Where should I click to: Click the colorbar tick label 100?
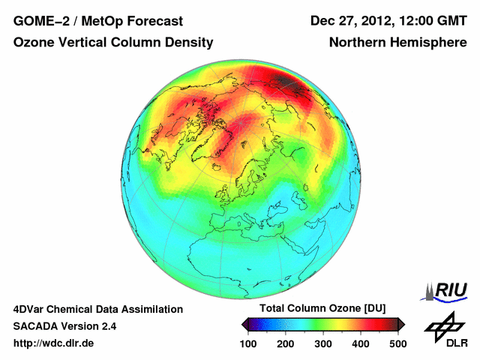[x=248, y=343]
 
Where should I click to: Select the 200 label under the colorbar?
[x=286, y=343]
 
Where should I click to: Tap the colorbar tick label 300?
[x=323, y=343]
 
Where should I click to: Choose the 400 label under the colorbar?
[x=361, y=343]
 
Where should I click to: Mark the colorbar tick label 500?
[x=397, y=343]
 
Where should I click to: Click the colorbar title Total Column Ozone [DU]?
[x=322, y=309]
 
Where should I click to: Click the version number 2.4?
[x=105, y=326]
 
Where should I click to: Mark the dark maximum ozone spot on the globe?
[x=289, y=81]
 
